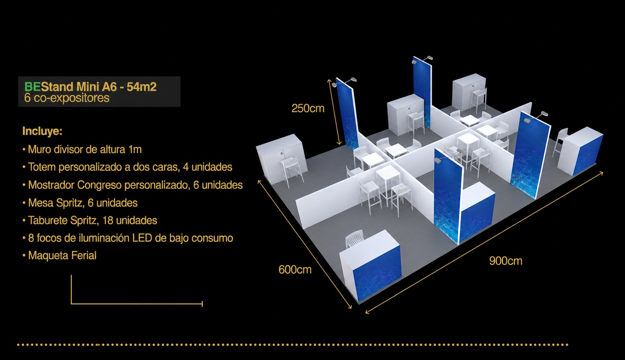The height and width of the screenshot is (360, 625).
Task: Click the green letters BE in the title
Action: click(33, 87)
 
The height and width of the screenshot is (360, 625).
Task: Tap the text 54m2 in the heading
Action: click(141, 87)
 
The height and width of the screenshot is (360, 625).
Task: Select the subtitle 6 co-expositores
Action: click(67, 98)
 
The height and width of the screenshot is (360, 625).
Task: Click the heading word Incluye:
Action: click(42, 131)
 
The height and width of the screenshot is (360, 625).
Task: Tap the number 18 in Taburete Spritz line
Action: click(107, 220)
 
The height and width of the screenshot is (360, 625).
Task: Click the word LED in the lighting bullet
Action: click(142, 238)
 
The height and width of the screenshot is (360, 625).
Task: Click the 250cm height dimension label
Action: click(308, 108)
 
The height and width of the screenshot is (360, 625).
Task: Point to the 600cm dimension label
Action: click(295, 270)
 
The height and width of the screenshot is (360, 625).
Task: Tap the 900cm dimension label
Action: click(505, 261)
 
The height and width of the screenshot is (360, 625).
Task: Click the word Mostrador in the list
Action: click(51, 185)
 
